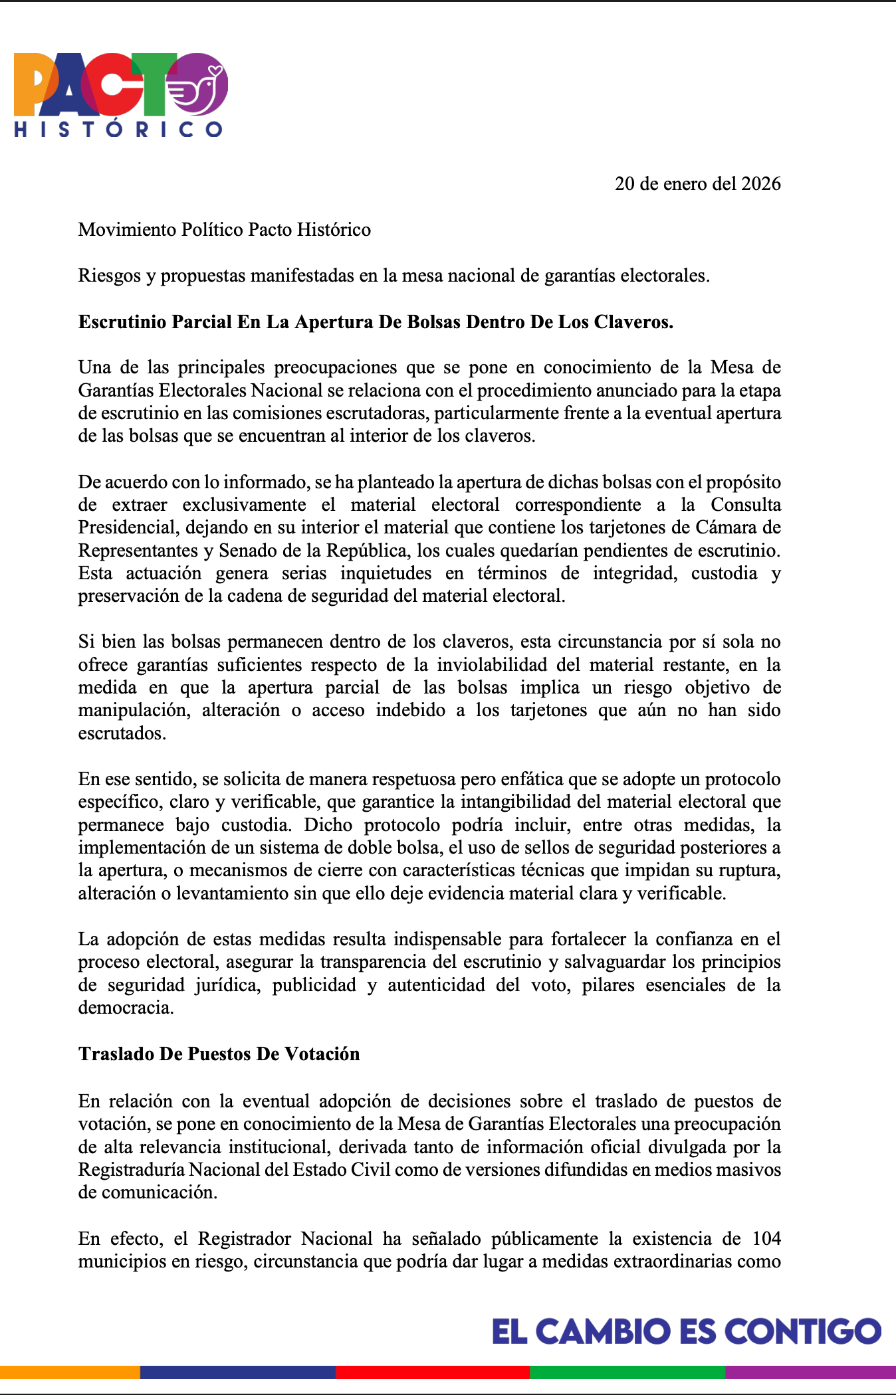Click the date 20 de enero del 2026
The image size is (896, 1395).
(697, 184)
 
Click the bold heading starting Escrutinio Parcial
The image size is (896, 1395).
(376, 322)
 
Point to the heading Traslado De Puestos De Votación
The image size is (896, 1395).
(219, 1054)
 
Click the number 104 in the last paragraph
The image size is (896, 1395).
(766, 1239)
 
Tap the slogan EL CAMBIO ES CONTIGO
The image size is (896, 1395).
(686, 1332)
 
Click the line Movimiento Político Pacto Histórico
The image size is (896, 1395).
(225, 230)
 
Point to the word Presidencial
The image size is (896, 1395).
(126, 527)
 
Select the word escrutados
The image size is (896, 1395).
(121, 733)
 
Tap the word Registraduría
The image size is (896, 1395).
(132, 1170)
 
